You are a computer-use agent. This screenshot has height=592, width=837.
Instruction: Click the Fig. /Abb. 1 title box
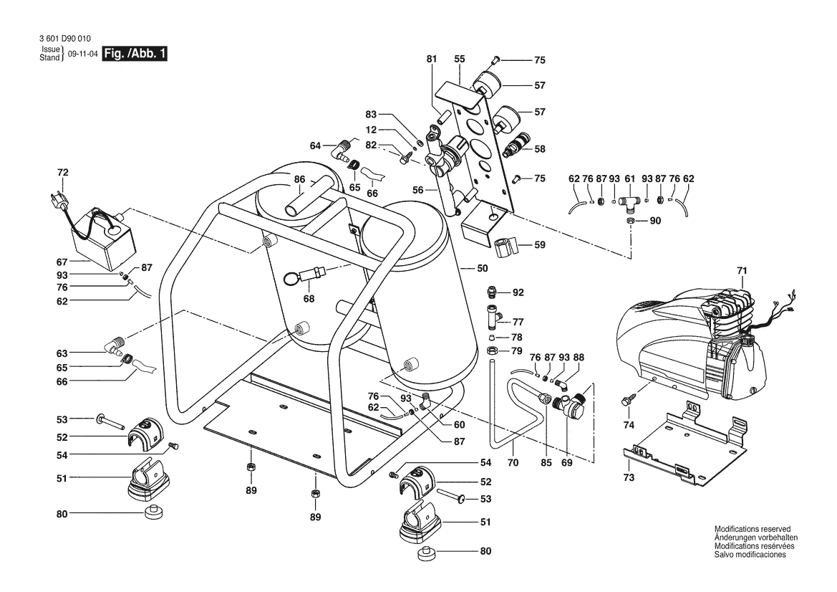pos(135,54)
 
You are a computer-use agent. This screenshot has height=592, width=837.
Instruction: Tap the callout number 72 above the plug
pos(62,172)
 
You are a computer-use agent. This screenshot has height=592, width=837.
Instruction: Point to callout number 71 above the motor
pos(742,270)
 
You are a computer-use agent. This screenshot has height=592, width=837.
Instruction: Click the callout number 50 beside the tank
pos(482,268)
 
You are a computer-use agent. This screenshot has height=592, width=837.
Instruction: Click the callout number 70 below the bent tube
pos(513,464)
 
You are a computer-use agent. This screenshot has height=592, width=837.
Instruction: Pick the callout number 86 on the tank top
pos(299,179)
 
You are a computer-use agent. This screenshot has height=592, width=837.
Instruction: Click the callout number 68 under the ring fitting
pos(309,297)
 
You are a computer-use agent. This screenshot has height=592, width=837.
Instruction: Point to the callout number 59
pos(539,245)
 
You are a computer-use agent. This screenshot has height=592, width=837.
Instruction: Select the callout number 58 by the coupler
pos(539,149)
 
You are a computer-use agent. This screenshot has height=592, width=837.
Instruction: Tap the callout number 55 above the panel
pos(459,59)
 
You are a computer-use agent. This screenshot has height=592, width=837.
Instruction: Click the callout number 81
pos(430,59)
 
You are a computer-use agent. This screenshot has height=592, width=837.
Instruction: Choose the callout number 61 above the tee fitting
pos(630,178)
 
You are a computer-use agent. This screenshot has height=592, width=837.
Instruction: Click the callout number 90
pos(655,221)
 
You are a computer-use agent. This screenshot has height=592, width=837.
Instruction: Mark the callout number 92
pos(518,292)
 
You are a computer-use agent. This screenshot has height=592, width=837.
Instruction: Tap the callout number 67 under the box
pos(62,263)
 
